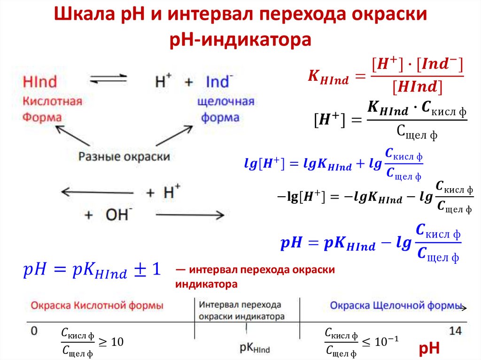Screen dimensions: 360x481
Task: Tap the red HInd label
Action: pyautogui.click(x=40, y=82)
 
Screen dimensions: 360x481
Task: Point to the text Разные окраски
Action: pyautogui.click(x=124, y=156)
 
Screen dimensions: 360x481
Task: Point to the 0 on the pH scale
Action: pyautogui.click(x=34, y=331)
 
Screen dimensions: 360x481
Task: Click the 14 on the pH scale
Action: pyautogui.click(x=455, y=331)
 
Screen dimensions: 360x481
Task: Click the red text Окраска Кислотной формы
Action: pyautogui.click(x=97, y=306)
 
